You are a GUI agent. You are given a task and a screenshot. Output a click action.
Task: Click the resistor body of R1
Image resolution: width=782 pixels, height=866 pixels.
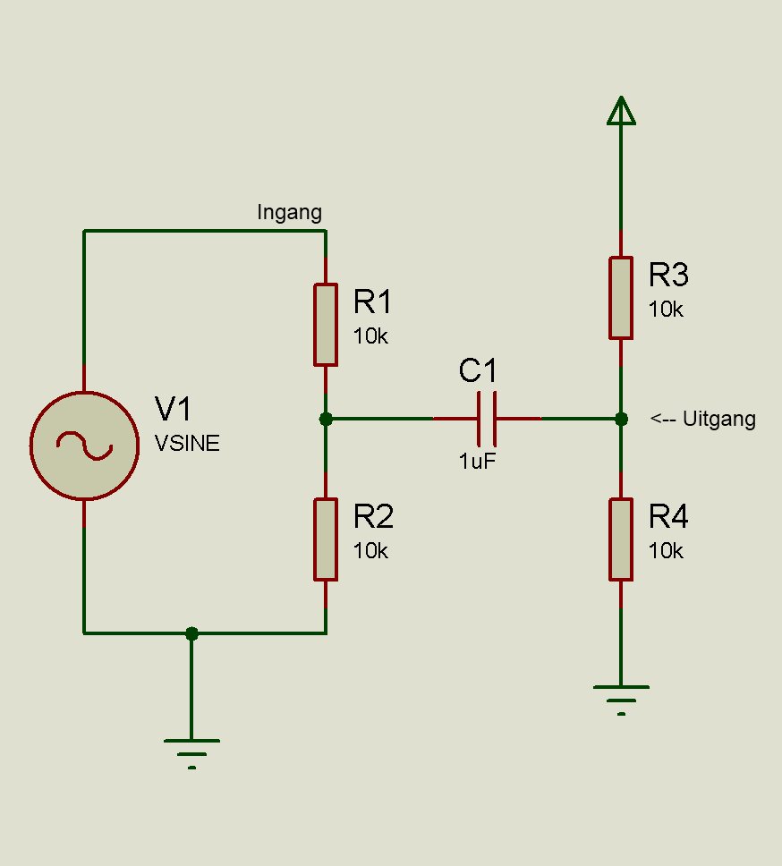326,325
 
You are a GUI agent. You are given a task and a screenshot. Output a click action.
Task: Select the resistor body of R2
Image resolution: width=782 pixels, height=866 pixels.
326,539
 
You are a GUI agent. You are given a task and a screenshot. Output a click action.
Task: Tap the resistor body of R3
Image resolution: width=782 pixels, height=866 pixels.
621,298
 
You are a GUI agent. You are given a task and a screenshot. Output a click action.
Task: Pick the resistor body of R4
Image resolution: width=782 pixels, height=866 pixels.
621,539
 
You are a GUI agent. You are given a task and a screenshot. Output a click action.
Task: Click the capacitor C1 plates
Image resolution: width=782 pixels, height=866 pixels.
487,419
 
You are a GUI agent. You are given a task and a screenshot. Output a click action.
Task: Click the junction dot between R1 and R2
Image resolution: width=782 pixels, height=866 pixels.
326,420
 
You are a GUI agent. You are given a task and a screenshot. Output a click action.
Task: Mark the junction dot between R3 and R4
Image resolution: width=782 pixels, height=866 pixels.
621,420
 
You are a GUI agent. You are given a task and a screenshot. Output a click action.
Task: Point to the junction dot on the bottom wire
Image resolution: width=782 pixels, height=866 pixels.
191,633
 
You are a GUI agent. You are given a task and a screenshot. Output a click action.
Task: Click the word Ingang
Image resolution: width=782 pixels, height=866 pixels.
289,213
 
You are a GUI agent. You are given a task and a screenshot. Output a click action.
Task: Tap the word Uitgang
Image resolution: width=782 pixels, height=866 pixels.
719,420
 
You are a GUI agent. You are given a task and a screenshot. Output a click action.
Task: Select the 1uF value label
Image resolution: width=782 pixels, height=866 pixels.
477,461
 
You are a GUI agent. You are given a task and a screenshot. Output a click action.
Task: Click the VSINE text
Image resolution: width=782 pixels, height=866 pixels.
187,443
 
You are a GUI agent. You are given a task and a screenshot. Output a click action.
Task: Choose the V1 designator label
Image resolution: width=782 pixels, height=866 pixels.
173,409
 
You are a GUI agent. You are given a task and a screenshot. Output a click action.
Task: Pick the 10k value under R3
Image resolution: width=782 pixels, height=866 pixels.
666,310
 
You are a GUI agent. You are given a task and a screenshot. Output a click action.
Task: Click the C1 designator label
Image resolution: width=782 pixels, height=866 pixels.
478,370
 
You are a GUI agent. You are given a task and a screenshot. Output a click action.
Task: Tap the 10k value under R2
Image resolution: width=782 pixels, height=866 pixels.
370,551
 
